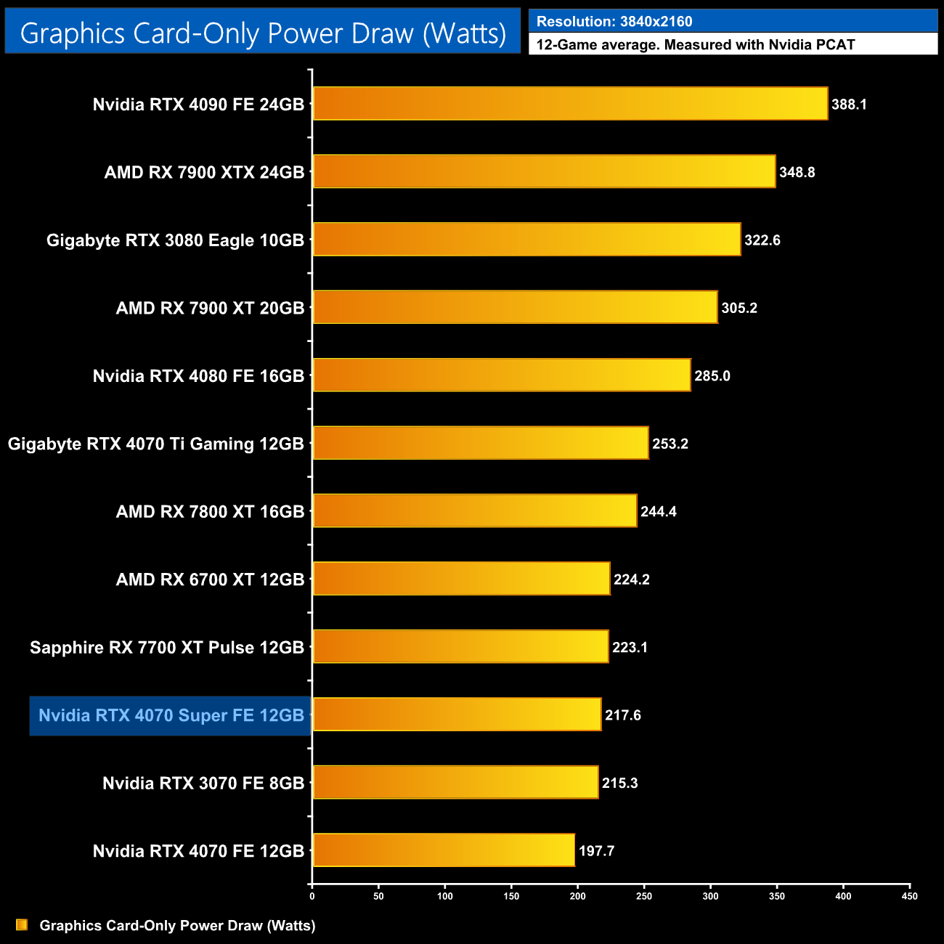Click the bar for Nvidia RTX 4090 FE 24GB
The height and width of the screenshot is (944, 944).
point(570,104)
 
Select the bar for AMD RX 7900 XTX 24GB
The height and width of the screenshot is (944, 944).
point(544,171)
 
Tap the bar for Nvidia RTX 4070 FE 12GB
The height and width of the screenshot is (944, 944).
point(444,850)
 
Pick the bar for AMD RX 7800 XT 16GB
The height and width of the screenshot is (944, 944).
point(475,511)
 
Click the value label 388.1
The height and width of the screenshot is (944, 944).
point(849,105)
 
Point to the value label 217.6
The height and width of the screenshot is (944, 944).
point(622,715)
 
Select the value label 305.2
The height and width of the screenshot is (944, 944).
point(738,308)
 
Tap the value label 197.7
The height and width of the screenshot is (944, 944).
point(596,851)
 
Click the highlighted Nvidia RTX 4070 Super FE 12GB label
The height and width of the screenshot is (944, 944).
point(171,716)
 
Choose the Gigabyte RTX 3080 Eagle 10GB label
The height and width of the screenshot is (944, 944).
point(175,240)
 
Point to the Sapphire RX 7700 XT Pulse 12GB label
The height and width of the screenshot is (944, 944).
point(166,648)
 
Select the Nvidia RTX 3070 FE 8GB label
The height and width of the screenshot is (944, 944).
point(203,784)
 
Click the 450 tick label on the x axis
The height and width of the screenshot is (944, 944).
point(909,896)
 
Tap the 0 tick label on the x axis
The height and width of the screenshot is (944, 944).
point(312,896)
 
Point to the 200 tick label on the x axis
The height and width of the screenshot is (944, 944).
point(577,896)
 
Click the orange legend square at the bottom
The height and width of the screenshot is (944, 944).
point(22,925)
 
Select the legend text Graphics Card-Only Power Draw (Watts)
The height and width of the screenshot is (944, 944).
point(177,926)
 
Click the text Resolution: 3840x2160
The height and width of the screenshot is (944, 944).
point(614,22)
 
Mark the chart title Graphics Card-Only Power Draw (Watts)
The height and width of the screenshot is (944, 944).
point(263,33)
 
